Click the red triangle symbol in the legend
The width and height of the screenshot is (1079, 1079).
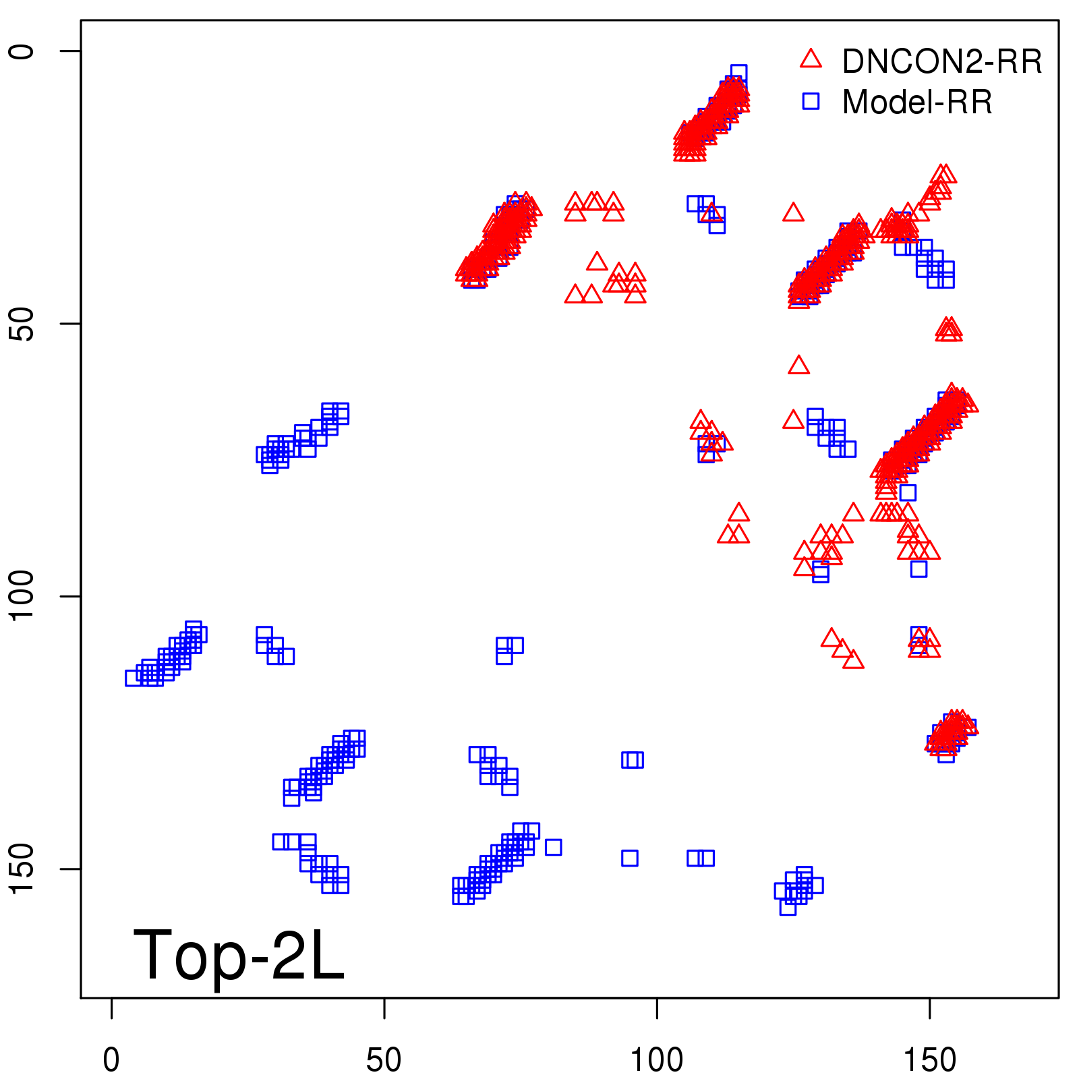tap(811, 59)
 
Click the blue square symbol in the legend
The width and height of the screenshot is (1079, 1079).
tap(811, 101)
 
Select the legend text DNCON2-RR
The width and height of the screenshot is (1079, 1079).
tap(942, 62)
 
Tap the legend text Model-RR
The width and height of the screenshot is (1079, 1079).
tap(917, 103)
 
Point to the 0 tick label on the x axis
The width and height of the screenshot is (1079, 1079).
tap(111, 1060)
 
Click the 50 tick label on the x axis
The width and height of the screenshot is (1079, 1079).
tap(384, 1060)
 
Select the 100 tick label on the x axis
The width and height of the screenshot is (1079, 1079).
tap(656, 1060)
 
